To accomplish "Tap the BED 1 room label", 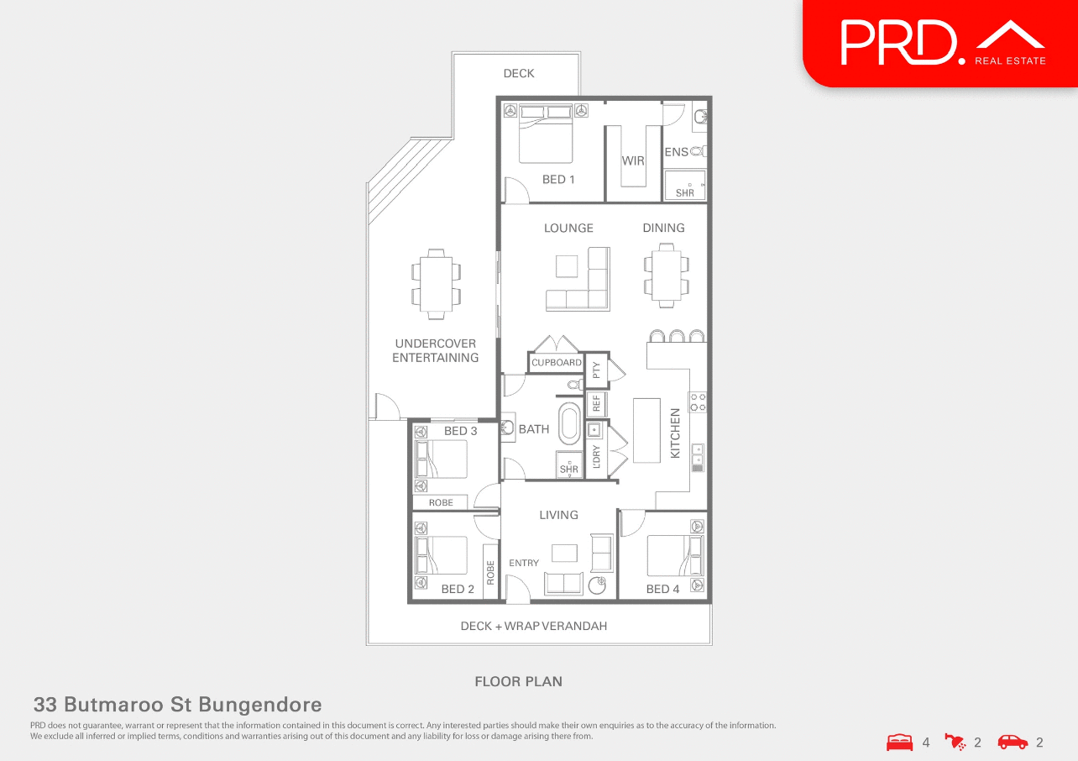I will click(x=558, y=180).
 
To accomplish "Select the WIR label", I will click(x=633, y=160).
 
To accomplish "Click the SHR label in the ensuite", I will click(x=685, y=193).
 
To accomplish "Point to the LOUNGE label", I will click(x=568, y=228).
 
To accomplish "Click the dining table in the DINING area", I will click(x=667, y=275).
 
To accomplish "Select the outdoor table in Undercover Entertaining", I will click(x=436, y=284).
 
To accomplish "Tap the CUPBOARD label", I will click(x=557, y=363).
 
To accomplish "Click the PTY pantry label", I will click(x=596, y=369).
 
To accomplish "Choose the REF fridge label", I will click(x=596, y=404).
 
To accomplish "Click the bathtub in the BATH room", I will click(x=569, y=424).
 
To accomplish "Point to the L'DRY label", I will click(x=596, y=454).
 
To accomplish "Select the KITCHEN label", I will click(x=675, y=433).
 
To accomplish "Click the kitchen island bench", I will click(x=647, y=430).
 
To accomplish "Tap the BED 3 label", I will click(x=460, y=431).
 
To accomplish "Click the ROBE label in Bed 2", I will click(x=490, y=573).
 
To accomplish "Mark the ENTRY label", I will click(x=524, y=563).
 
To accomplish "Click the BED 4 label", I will click(x=662, y=589).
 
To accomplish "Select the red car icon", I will click(x=1013, y=743).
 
